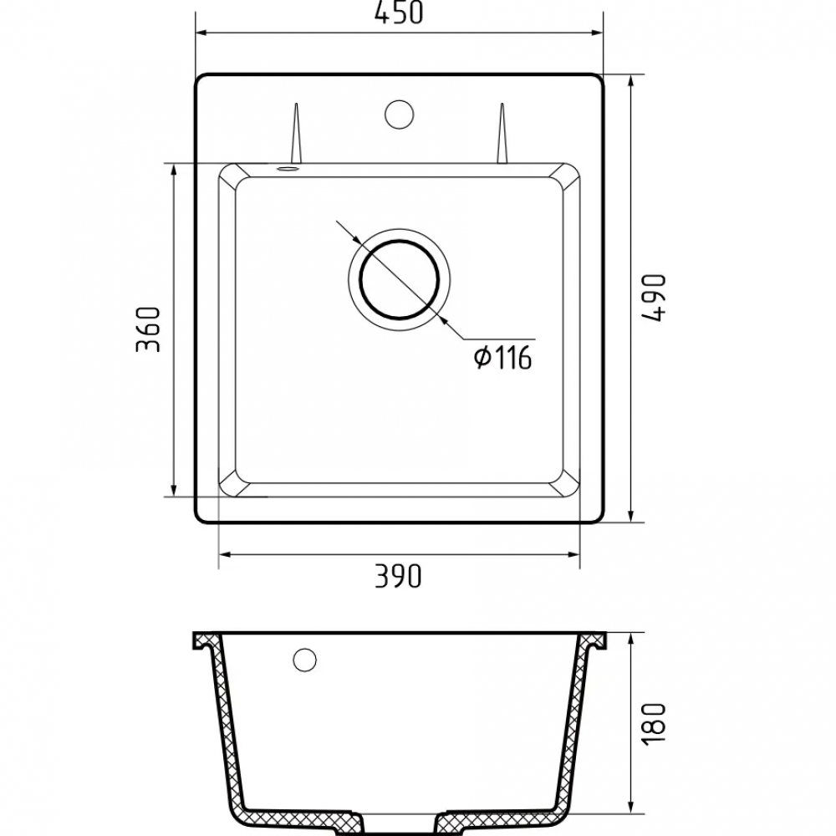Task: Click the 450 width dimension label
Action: pos(398,13)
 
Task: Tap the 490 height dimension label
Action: pos(655,298)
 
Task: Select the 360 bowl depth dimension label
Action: pos(148,329)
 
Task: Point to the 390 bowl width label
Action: pos(398,575)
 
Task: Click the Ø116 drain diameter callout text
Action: pos(502,357)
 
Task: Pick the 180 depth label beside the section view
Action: pos(655,723)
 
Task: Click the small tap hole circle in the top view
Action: pos(400,114)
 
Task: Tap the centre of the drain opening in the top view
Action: pos(400,280)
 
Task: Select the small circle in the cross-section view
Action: pos(304,660)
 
